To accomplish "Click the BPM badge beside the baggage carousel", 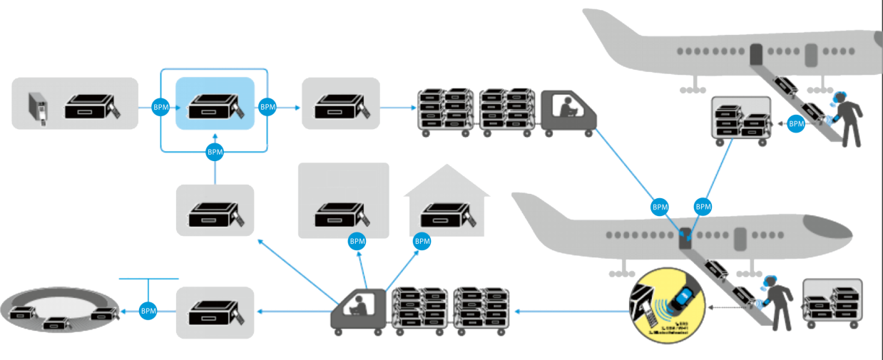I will (148, 311).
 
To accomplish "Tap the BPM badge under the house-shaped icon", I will (422, 242).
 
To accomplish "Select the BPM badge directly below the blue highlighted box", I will (215, 151).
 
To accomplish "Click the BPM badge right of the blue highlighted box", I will (267, 107).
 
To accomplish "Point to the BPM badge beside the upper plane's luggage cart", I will (796, 124).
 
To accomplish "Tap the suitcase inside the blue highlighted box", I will (215, 106).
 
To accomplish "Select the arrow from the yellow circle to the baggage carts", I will (571, 311).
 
